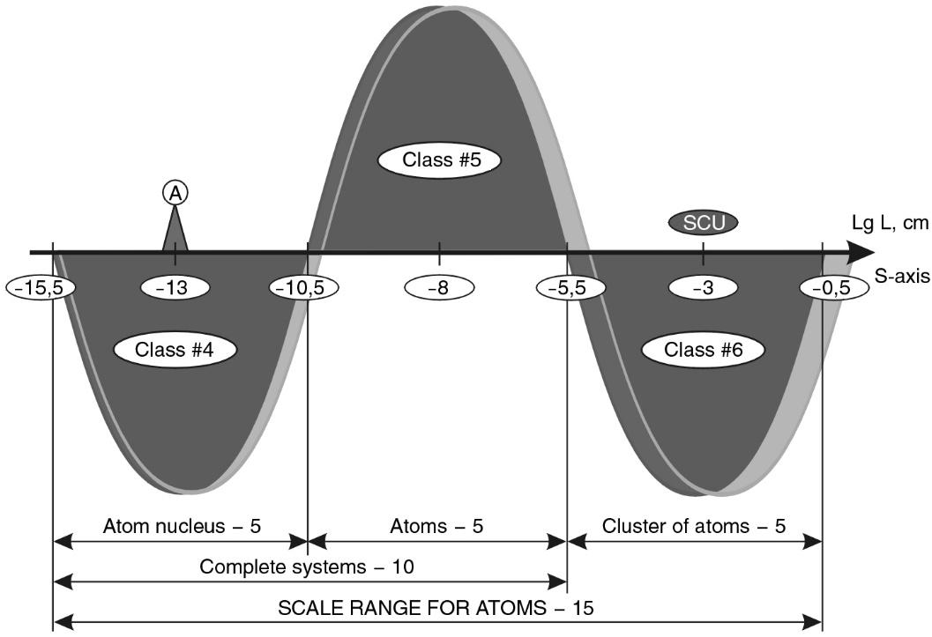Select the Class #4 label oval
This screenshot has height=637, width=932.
pos(175,349)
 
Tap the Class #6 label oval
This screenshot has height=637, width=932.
pos(703,349)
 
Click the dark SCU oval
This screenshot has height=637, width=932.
pos(703,223)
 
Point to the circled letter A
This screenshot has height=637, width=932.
pos(175,192)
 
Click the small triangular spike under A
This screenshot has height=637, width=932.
pos(175,233)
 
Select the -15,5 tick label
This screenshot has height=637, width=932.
pos(41,287)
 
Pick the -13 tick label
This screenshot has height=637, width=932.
pos(175,287)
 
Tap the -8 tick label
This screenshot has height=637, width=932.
pos(439,287)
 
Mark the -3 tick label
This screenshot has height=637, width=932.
pos(703,287)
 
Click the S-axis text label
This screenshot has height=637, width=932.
pos(901,276)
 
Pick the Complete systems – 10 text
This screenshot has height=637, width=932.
pos(307,567)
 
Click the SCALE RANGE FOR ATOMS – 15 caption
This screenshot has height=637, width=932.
pos(436,609)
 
